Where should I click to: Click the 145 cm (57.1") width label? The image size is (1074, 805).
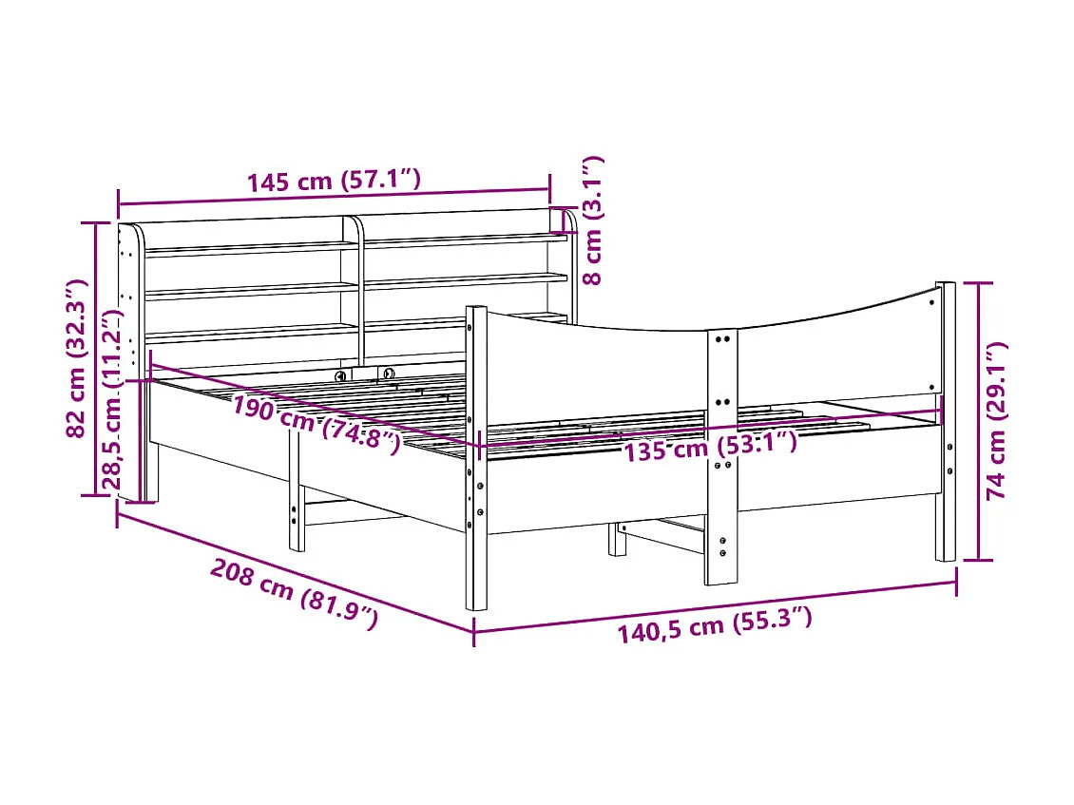click(333, 181)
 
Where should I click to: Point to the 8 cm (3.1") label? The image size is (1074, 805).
click(593, 220)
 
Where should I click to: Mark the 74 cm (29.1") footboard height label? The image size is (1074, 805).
click(997, 420)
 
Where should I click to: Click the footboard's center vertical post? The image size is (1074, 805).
click(720, 456)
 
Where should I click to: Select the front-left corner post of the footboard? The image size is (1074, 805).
click(476, 456)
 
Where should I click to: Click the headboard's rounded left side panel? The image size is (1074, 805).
click(129, 314)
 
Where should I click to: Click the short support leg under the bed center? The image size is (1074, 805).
click(618, 539)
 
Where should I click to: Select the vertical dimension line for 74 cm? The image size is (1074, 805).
click(978, 420)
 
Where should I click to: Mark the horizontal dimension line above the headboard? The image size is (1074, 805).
click(333, 197)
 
